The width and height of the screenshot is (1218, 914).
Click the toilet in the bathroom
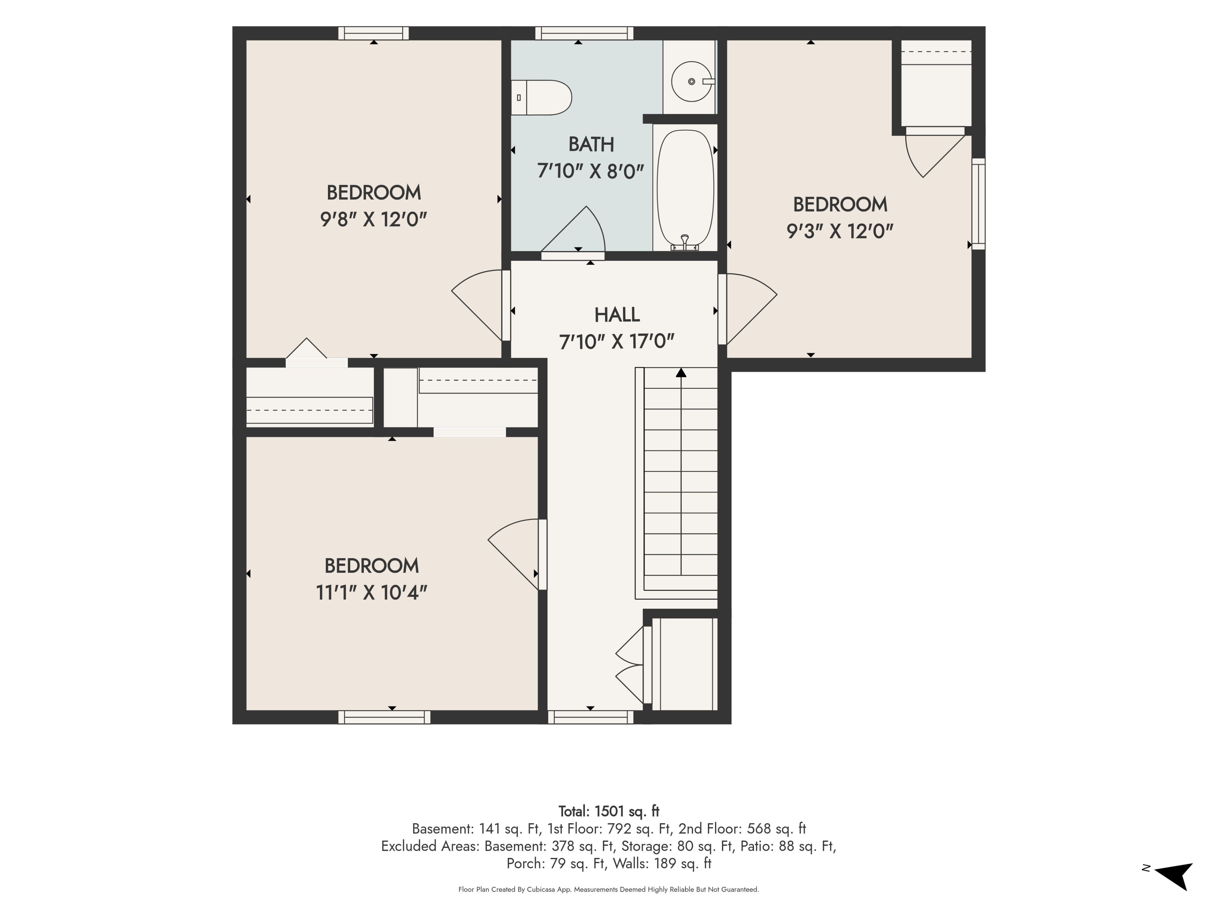pyautogui.click(x=541, y=97)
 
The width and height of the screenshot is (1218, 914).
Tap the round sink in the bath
pyautogui.click(x=691, y=82)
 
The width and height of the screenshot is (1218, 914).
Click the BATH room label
pyautogui.click(x=591, y=144)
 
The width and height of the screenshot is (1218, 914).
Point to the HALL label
pyautogui.click(x=617, y=315)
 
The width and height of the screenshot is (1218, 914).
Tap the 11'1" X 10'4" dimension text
pyautogui.click(x=372, y=593)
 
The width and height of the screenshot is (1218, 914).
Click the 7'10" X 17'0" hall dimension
pyautogui.click(x=617, y=342)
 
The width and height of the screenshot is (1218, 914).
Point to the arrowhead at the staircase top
pyautogui.click(x=681, y=373)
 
